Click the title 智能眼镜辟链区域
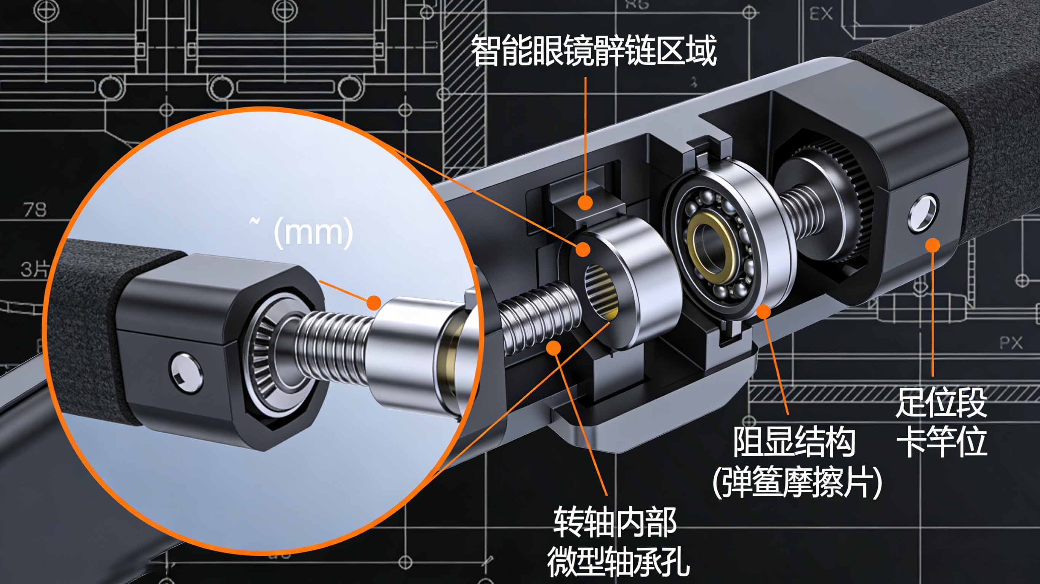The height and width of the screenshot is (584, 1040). coord(594,51)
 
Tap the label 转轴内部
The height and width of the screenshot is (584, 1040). coord(614,522)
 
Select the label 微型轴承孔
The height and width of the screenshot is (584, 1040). coord(618,562)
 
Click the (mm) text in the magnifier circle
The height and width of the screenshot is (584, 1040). coord(313,232)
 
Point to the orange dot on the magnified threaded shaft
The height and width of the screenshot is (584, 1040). coord(374,302)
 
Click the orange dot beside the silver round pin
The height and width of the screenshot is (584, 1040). coord(933,245)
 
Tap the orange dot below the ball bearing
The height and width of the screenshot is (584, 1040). coord(763,311)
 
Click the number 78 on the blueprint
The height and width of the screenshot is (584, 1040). coord(35,210)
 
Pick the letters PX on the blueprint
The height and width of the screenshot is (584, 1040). coord(1011,343)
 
